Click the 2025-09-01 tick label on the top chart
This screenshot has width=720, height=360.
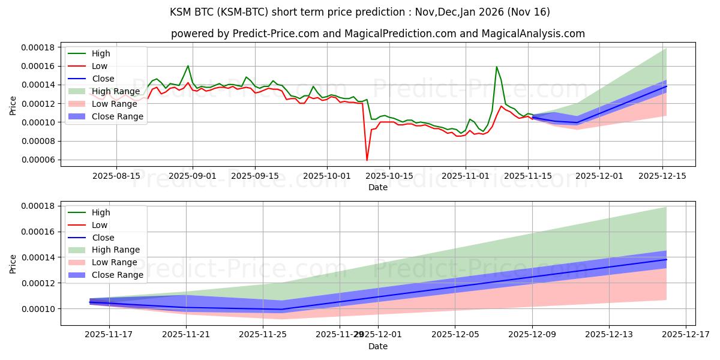pyautogui.click(x=193, y=176)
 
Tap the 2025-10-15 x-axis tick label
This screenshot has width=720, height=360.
pyautogui.click(x=389, y=176)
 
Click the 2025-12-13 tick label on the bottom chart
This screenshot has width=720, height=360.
pyautogui.click(x=609, y=335)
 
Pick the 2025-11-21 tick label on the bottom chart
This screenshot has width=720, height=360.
pyautogui.click(x=186, y=335)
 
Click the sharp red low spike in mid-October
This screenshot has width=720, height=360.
pyautogui.click(x=367, y=160)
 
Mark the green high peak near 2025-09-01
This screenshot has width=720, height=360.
pyautogui.click(x=188, y=66)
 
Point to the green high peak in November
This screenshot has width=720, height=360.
pyautogui.click(x=496, y=67)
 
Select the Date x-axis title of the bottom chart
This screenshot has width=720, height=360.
pyautogui.click(x=378, y=346)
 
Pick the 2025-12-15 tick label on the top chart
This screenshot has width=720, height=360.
pyautogui.click(x=662, y=176)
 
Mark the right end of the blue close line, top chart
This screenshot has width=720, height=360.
pyautogui.click(x=666, y=86)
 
